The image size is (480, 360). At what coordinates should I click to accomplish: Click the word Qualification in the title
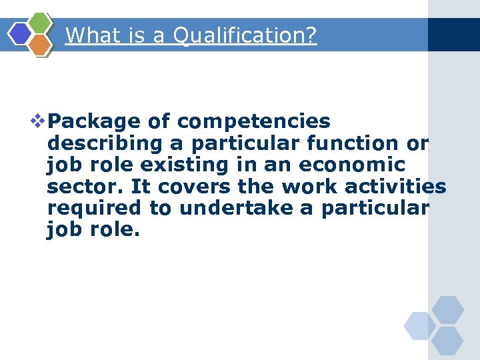click(x=244, y=35)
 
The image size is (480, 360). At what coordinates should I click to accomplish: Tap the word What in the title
click(x=90, y=35)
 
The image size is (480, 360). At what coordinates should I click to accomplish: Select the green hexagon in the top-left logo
click(x=41, y=23)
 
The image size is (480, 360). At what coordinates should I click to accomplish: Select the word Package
click(x=95, y=121)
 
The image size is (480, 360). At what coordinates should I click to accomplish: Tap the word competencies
click(x=254, y=121)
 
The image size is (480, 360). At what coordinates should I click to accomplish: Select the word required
click(x=94, y=207)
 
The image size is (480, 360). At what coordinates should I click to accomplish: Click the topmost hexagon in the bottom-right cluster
click(x=447, y=309)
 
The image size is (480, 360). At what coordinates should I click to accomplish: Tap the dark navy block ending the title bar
click(x=453, y=35)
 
